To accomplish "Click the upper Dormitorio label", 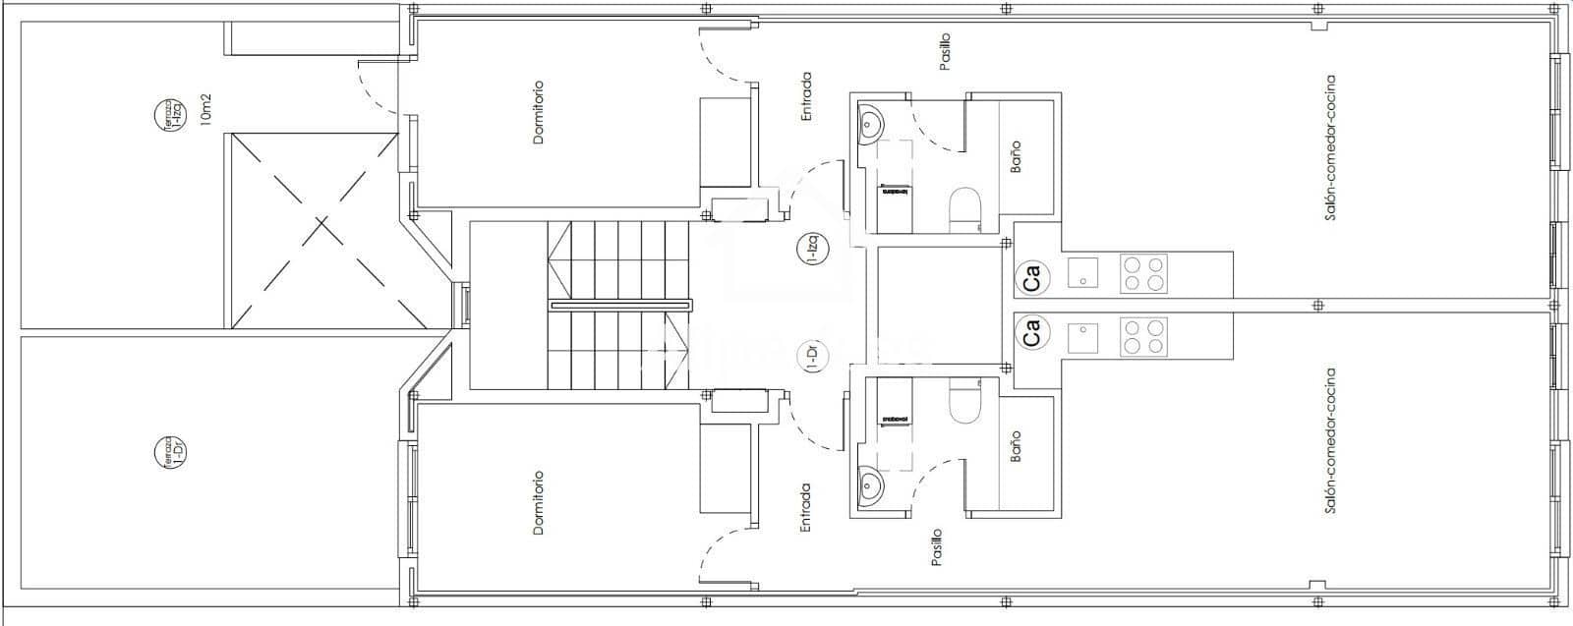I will [538, 112].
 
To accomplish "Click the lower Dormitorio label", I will [538, 503].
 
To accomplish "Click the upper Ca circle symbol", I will [1031, 278].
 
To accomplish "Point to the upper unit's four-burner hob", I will [1143, 273].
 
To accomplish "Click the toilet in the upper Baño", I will [964, 209].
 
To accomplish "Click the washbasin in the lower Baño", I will [870, 484].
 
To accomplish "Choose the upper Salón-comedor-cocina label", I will [1330, 147].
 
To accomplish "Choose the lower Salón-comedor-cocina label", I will [1330, 441].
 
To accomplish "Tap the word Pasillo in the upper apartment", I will [945, 51].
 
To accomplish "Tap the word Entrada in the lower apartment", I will [806, 507].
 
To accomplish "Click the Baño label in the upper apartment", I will [1016, 157].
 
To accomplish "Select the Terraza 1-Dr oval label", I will [170, 452].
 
